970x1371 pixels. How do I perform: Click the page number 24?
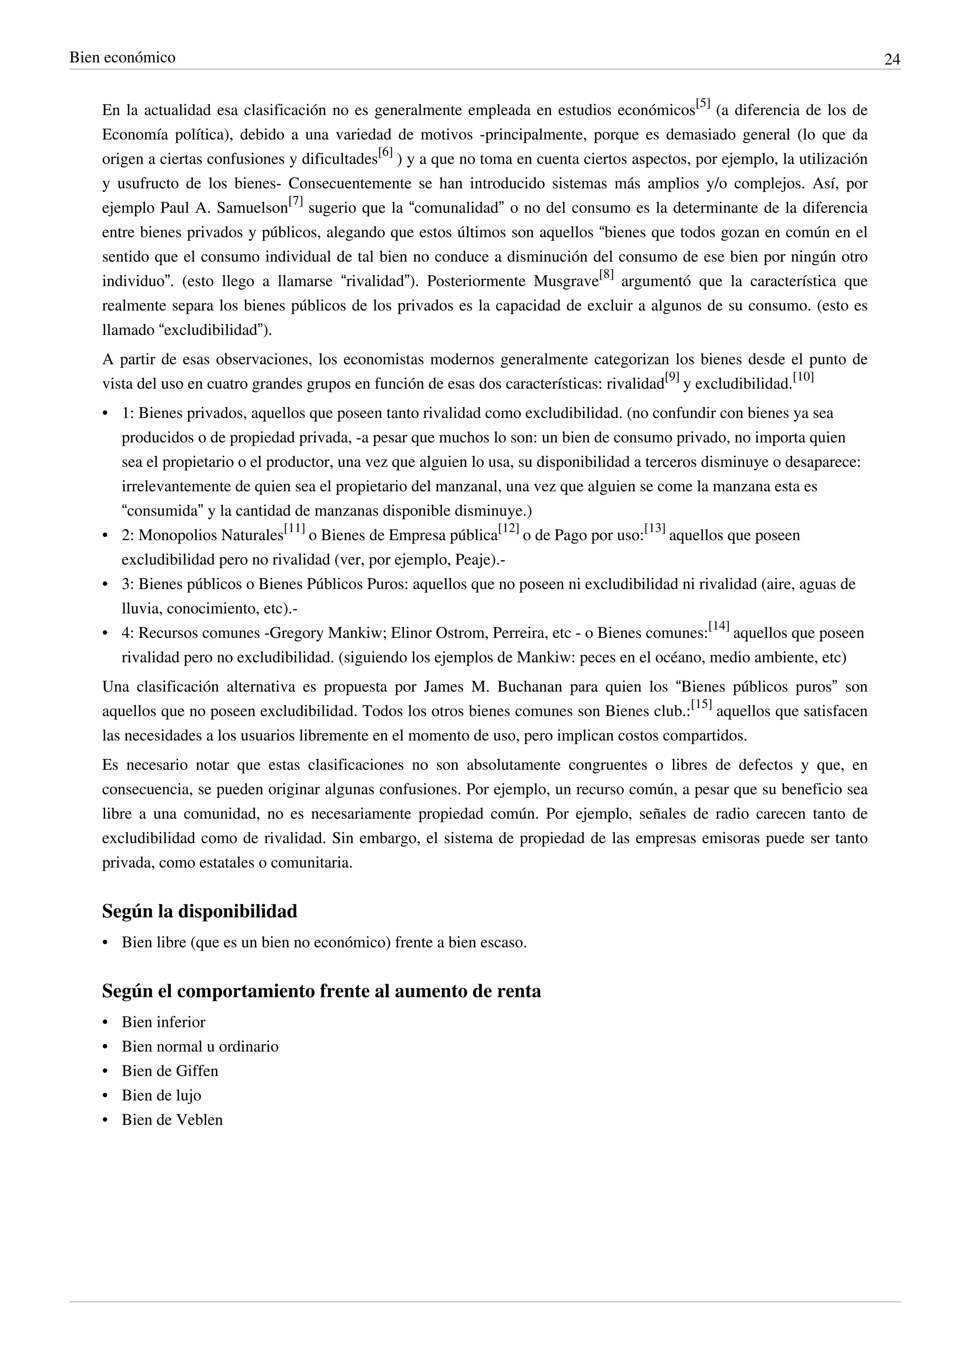click(x=892, y=60)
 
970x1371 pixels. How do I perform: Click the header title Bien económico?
click(x=123, y=58)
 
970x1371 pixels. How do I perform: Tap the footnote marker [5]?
click(x=703, y=105)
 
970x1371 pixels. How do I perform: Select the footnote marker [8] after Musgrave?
click(x=606, y=275)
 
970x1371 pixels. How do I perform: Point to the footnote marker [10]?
click(x=803, y=377)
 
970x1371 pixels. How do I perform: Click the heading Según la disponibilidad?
click(x=199, y=912)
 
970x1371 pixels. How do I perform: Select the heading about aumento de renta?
click(x=321, y=991)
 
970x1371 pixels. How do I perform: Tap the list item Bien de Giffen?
click(x=170, y=1071)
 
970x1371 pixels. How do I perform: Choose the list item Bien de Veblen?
click(x=172, y=1120)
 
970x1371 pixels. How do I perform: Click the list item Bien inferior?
click(x=163, y=1022)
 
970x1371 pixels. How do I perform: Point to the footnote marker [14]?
click(x=719, y=626)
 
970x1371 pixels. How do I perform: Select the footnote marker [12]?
click(x=509, y=528)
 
